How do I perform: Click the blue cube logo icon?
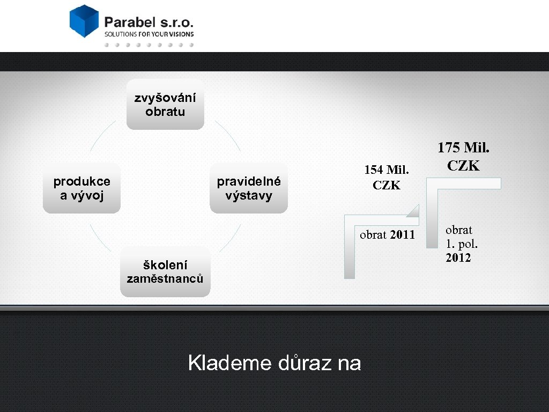[x=84, y=21]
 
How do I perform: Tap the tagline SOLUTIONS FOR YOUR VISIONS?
[x=149, y=34]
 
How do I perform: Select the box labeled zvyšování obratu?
[x=165, y=105]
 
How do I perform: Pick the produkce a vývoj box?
[x=81, y=188]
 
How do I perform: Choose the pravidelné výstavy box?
[x=249, y=188]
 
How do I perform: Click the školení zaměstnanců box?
[x=165, y=271]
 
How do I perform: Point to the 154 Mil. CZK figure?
[x=387, y=178]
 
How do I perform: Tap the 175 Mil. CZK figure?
[x=464, y=156]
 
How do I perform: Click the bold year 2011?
[x=403, y=234]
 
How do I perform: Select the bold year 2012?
[x=458, y=258]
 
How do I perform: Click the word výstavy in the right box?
[x=249, y=195]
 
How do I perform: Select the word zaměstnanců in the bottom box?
[x=165, y=278]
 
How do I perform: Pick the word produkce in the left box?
[x=81, y=181]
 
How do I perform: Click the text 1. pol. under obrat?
[x=462, y=244]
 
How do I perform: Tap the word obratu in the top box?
[x=165, y=112]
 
